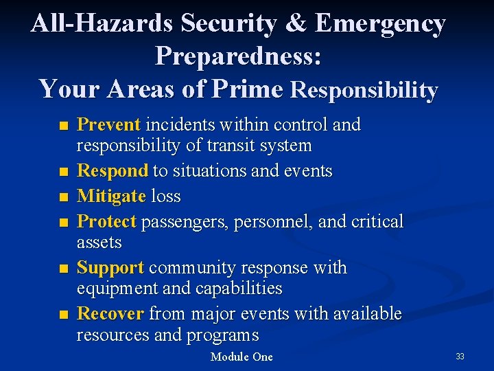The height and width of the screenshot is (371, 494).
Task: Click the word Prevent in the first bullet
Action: click(x=109, y=125)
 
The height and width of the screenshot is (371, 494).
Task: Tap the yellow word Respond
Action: click(x=113, y=171)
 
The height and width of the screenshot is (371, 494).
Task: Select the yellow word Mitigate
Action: click(x=111, y=196)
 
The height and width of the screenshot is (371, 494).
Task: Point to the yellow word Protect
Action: click(x=108, y=221)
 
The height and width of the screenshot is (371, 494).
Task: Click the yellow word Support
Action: click(x=110, y=267)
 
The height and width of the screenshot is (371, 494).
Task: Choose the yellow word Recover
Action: click(x=110, y=314)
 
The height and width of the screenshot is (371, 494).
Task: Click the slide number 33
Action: click(x=460, y=356)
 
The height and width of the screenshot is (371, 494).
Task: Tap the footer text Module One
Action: click(x=242, y=357)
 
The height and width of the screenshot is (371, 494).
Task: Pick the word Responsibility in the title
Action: click(x=364, y=89)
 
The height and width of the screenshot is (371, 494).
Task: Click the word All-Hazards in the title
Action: click(x=103, y=23)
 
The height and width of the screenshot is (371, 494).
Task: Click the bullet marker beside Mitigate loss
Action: click(x=64, y=197)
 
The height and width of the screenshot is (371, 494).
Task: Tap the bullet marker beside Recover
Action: click(x=64, y=315)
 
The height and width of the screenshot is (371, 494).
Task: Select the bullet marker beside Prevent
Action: click(x=64, y=126)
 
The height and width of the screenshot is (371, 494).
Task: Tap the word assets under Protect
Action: click(x=99, y=243)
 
